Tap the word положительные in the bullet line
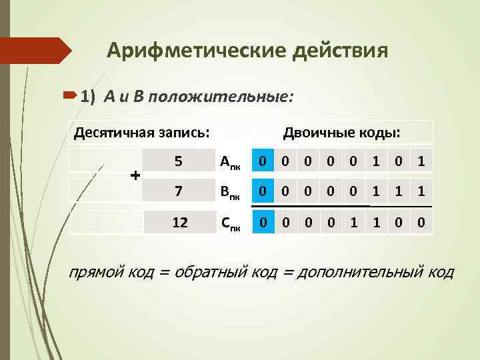click(x=220, y=97)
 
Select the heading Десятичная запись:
click(x=137, y=132)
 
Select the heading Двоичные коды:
click(x=342, y=132)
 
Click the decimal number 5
click(x=178, y=161)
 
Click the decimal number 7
click(x=178, y=191)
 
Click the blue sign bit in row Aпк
click(x=264, y=160)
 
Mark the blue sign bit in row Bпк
click(x=264, y=191)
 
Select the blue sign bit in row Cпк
click(x=264, y=221)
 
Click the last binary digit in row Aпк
click(x=421, y=160)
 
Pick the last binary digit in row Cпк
click(x=421, y=221)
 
